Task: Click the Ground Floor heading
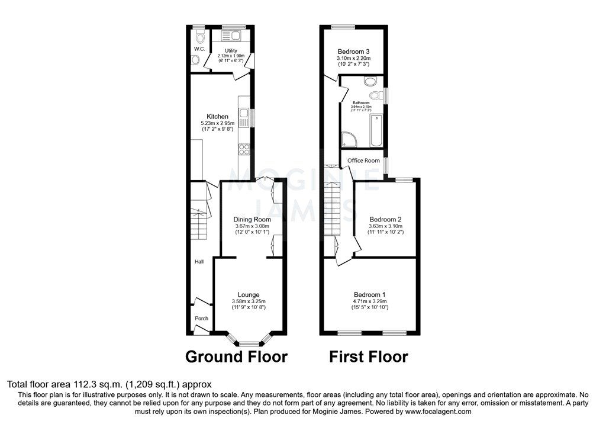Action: (236, 357)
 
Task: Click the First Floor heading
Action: (368, 357)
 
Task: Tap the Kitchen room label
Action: (217, 116)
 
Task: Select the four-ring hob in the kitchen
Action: (243, 149)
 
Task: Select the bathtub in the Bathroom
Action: (376, 130)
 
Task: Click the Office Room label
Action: (363, 160)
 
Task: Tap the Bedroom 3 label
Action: (354, 52)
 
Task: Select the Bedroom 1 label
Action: (370, 294)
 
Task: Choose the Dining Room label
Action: (252, 219)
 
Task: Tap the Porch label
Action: (202, 319)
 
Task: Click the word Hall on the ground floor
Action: (199, 261)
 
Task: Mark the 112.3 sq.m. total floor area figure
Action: (79, 384)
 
